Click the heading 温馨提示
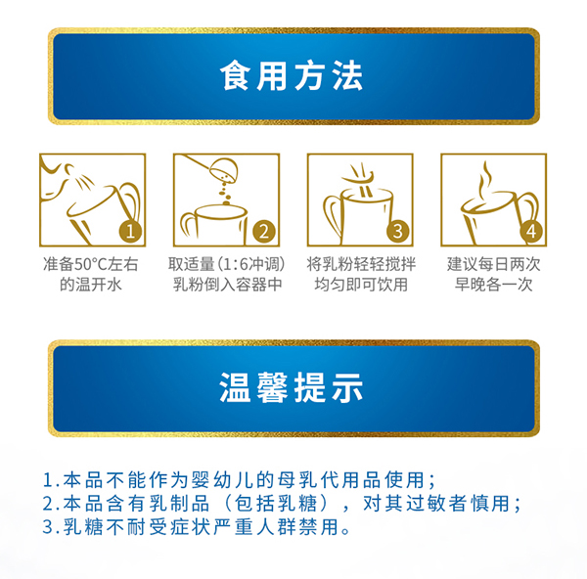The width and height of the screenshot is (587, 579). click(x=293, y=388)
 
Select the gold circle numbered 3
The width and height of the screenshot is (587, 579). click(x=396, y=232)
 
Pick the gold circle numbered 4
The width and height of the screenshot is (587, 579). click(x=529, y=232)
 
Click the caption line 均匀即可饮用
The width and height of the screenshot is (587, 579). click(x=359, y=286)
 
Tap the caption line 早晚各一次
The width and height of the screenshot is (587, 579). click(x=492, y=286)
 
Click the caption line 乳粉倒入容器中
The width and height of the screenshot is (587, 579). click(x=227, y=286)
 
